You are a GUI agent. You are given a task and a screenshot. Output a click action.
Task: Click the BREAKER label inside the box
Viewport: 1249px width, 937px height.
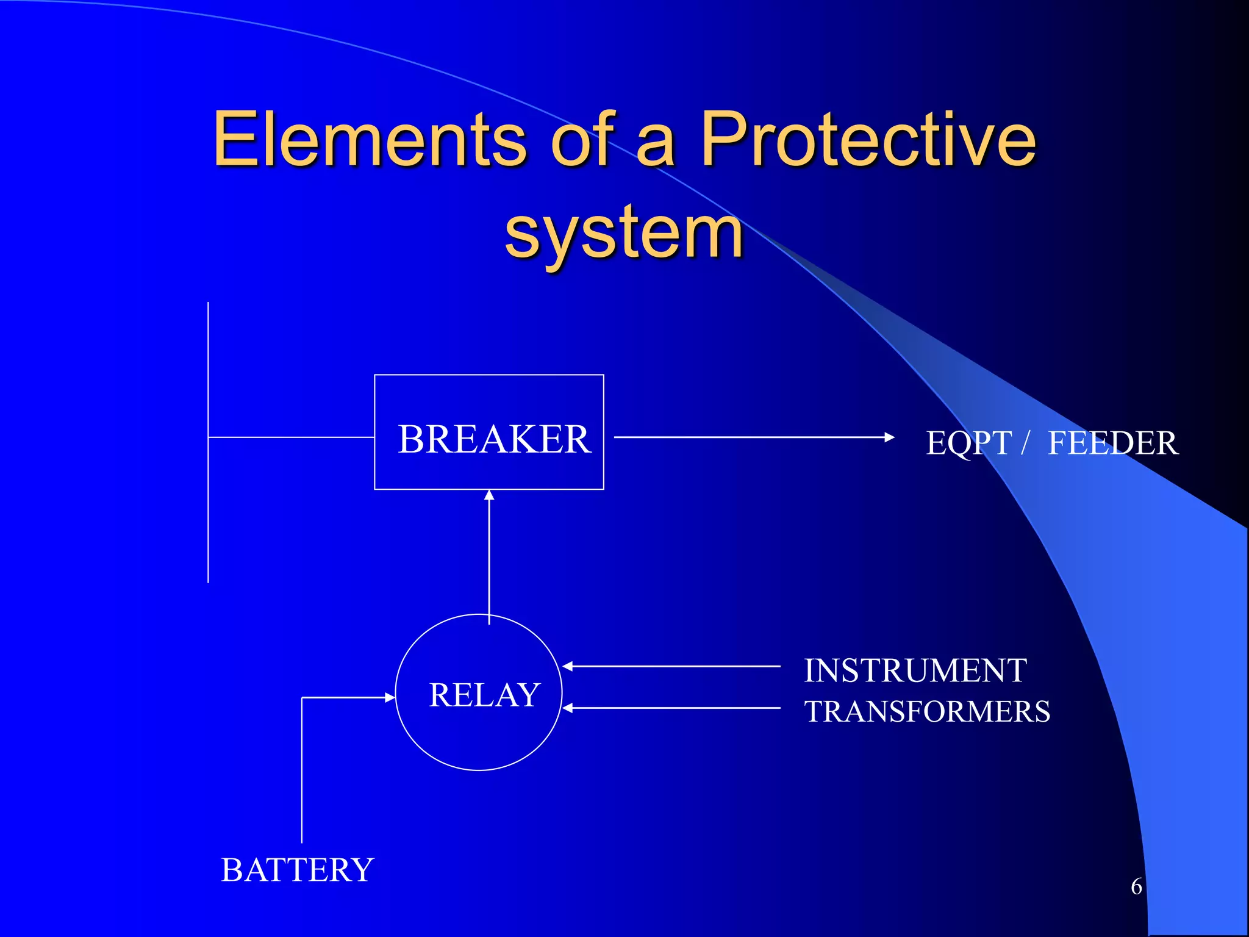[x=494, y=439]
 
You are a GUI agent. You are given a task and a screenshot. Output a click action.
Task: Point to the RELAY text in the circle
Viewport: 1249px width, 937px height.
[x=484, y=695]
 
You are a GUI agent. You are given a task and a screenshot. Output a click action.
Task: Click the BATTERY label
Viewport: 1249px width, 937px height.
[x=297, y=870]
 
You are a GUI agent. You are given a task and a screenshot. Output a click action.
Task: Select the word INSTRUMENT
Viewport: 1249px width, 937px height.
[x=915, y=670]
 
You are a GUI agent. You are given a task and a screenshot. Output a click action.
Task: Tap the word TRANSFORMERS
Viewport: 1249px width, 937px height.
[x=927, y=711]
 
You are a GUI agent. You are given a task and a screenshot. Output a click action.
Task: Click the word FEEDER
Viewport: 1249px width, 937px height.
[x=1113, y=443]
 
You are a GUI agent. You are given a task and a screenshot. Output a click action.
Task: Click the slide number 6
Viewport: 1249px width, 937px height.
[x=1136, y=886]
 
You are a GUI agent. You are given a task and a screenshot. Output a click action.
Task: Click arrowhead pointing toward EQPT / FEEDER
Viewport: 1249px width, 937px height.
[x=889, y=437]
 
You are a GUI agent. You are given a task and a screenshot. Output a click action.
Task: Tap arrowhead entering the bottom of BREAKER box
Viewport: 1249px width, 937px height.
[x=489, y=495]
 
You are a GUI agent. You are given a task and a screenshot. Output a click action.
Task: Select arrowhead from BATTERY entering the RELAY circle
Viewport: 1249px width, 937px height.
[x=390, y=697]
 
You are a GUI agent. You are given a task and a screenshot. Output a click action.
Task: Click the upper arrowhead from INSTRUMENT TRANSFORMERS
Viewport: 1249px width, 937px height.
[x=567, y=667]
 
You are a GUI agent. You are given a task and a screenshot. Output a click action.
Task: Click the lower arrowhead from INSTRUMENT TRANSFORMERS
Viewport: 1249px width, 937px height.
[x=567, y=708]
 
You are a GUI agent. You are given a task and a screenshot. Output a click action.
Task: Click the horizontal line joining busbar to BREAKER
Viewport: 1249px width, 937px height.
[x=292, y=437]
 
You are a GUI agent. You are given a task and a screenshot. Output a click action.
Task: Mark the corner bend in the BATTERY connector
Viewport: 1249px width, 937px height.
[x=302, y=697]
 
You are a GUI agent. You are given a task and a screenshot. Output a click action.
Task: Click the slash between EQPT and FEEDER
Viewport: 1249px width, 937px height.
[x=1026, y=442]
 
